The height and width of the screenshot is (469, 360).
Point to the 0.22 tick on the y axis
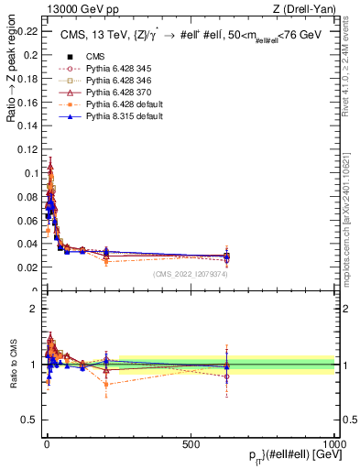pyautogui.click(x=26, y=30)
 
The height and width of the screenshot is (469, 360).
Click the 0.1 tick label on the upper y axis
pyautogui.click(x=29, y=172)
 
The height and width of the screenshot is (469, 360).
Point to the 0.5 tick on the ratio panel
pyautogui.click(x=29, y=420)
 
